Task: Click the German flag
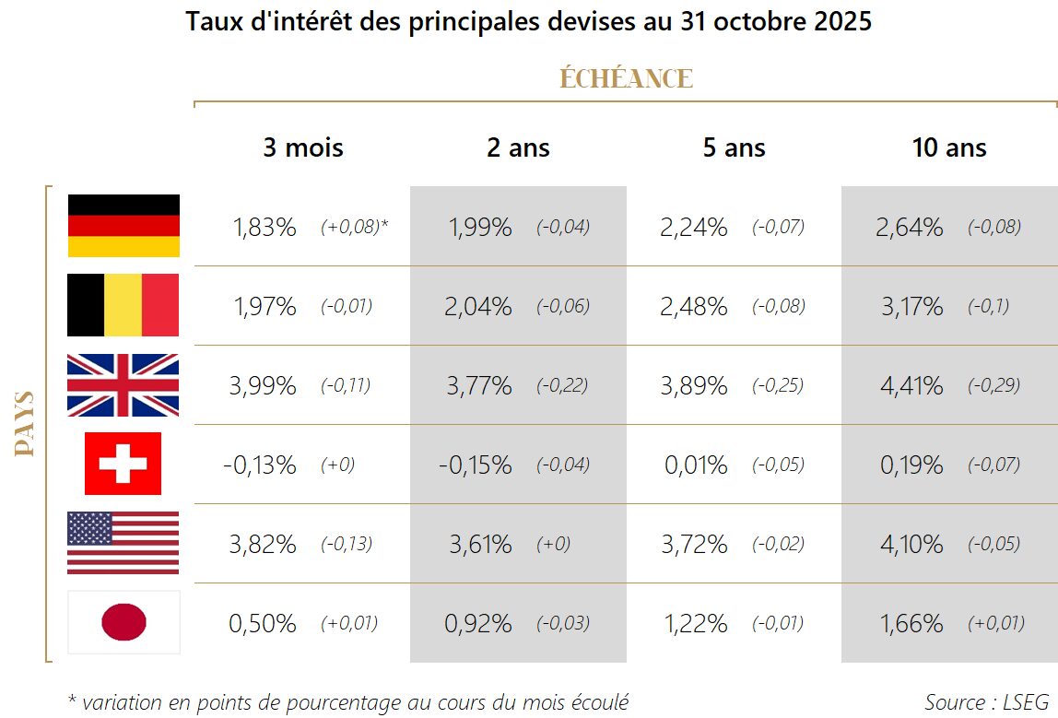pos(123,226)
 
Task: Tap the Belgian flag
pos(123,305)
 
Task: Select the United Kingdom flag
pos(123,384)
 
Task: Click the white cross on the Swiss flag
pos(123,464)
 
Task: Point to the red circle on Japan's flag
pos(123,622)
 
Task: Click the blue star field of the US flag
pos(89,529)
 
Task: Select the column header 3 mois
pos(302,147)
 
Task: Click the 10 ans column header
pos(949,147)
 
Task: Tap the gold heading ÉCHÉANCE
pos(626,79)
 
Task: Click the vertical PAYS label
pos(26,424)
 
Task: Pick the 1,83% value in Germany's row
pos(263,228)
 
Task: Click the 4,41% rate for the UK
pos(911,386)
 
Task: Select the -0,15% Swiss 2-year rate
pos(476,465)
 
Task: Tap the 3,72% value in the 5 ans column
pos(694,545)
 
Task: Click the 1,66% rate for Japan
pos(911,624)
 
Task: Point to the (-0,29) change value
pos(993,386)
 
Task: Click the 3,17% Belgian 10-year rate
pos(911,307)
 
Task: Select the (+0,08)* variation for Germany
pos(354,228)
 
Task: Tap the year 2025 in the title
pos(842,22)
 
